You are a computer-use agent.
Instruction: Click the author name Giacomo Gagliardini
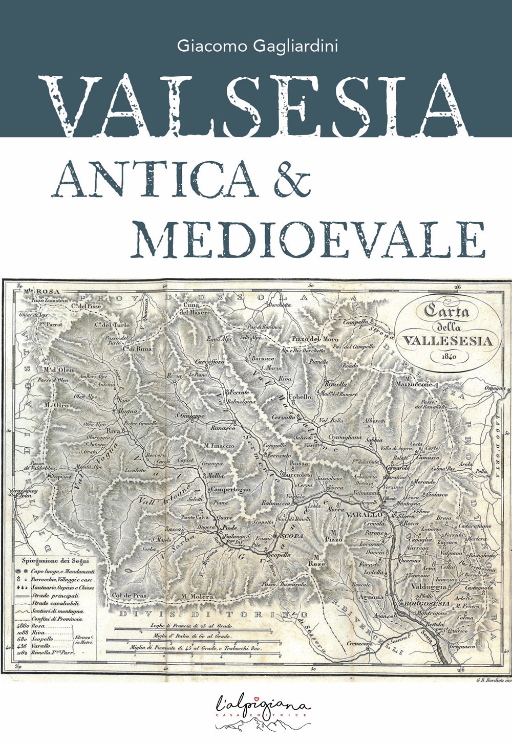coord(258,46)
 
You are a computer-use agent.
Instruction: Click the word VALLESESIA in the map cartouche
coord(447,340)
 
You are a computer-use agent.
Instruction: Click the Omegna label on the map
coord(495,389)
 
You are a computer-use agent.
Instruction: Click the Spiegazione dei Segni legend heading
coord(56,560)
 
